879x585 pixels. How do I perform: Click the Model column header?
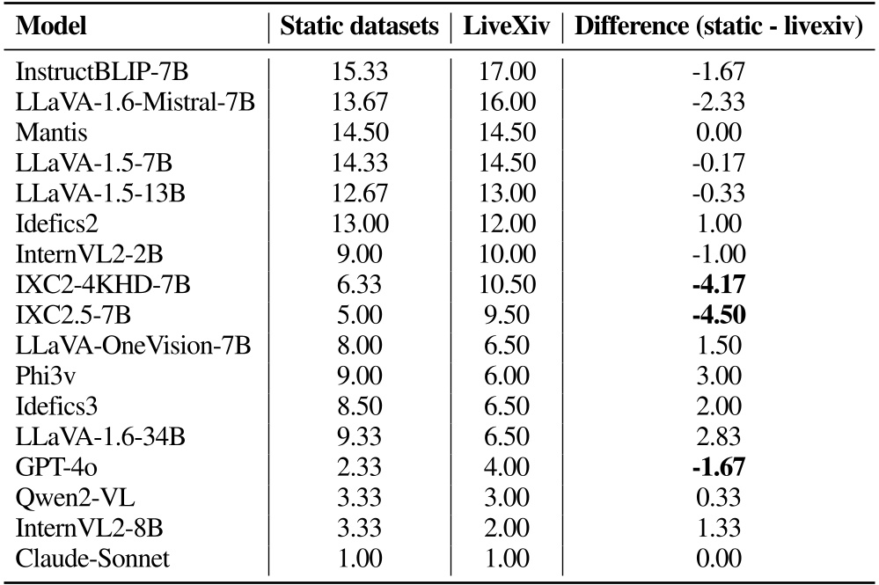[x=52, y=27]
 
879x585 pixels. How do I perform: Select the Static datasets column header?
[x=359, y=27]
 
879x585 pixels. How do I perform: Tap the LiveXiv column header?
[x=507, y=27]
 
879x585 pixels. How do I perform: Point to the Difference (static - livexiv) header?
[x=718, y=27]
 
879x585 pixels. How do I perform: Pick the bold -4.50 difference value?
[x=719, y=316]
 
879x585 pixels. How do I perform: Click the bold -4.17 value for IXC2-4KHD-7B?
[x=719, y=286]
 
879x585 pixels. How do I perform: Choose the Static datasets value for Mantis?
[x=358, y=134]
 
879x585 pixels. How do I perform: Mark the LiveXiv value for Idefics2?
[x=507, y=225]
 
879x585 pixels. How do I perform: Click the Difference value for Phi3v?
[x=719, y=377]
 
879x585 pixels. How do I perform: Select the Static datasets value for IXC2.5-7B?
[x=358, y=316]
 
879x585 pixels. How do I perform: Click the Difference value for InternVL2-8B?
[x=719, y=529]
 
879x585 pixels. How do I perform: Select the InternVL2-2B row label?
[x=90, y=255]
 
